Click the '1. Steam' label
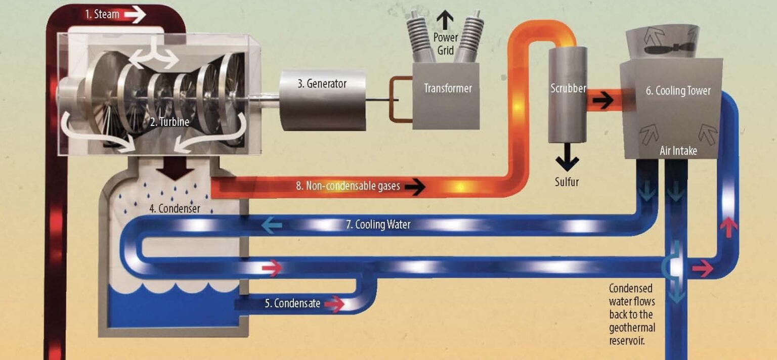coord(102,14)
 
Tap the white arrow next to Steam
coord(135,15)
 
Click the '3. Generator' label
coord(322,83)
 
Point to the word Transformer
coord(448,88)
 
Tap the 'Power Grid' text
coord(445,43)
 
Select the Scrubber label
coord(568,88)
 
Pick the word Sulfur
coord(567,181)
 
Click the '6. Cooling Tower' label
coord(678,91)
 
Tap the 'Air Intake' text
coord(678,151)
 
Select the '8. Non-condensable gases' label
coord(348,186)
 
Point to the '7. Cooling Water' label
coord(378,224)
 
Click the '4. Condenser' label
coord(175,208)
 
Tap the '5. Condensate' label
coord(292,303)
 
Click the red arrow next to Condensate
coord(334,304)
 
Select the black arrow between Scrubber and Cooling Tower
coord(604,100)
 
